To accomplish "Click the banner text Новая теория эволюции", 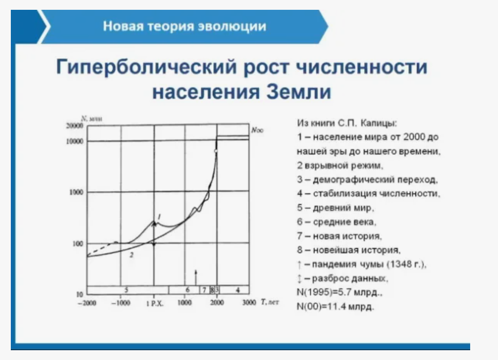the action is click(185, 26).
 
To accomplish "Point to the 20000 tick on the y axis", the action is click(75, 126).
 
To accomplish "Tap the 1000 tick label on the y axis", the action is click(76, 192).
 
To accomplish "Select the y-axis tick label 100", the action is click(77, 244).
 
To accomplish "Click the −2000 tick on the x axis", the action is click(87, 303).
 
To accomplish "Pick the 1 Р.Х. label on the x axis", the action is click(154, 303).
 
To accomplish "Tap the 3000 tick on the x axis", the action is click(249, 302).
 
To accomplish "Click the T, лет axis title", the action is click(270, 302).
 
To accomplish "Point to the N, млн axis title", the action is click(91, 119).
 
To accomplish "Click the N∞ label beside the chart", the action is click(257, 130).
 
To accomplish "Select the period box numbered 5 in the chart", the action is click(128, 290).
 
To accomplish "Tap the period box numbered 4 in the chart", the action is click(234, 290).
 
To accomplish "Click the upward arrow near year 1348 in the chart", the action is click(196, 277).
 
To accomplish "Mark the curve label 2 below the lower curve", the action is click(131, 255).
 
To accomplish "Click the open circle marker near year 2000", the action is click(216, 151).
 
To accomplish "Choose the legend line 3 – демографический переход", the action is click(368, 179).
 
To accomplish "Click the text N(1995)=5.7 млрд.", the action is click(340, 292).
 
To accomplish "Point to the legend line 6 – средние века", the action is click(337, 222).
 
